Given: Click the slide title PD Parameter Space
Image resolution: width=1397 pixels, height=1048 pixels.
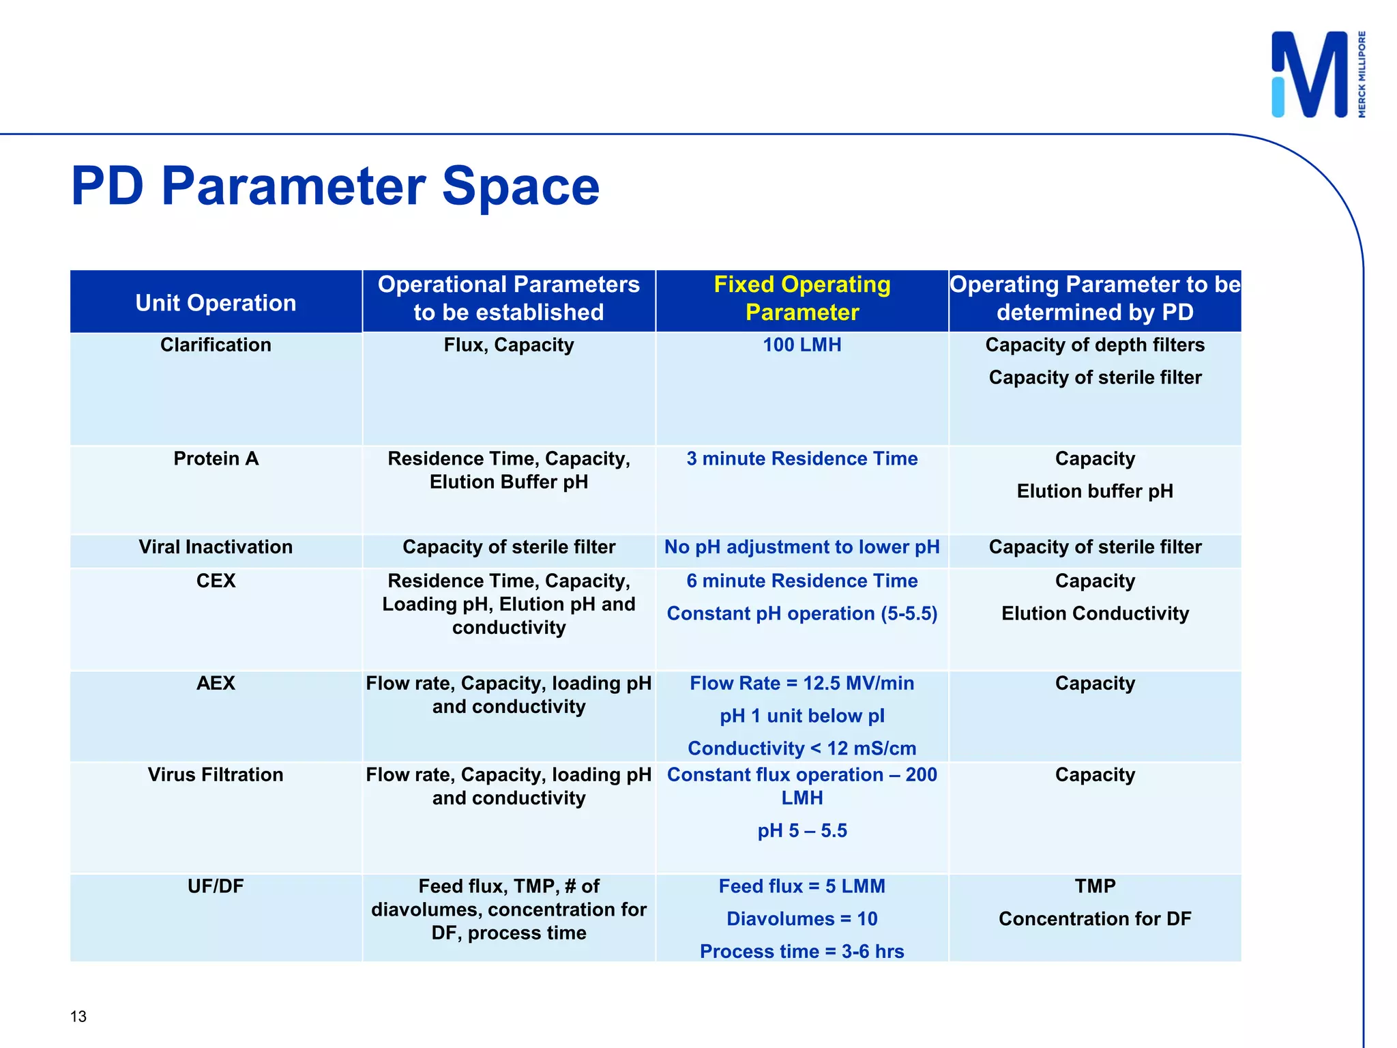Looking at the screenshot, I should [335, 186].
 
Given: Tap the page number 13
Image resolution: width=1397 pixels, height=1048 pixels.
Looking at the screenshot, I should [78, 1017].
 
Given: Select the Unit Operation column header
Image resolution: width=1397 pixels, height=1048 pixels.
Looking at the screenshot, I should [216, 302].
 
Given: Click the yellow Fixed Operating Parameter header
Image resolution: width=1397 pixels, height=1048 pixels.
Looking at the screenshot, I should [802, 298].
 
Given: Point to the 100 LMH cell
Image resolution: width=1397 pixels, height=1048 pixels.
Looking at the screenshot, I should [802, 345].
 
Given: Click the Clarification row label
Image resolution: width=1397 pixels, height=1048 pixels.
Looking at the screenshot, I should [216, 345].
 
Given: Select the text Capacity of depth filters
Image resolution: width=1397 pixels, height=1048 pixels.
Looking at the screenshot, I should [1094, 345].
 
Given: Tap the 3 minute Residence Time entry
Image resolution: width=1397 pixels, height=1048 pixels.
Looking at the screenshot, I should [802, 458].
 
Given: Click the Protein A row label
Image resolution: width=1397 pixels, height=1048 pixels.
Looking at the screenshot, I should [216, 458].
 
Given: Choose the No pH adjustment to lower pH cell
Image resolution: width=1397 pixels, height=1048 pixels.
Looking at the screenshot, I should [802, 547].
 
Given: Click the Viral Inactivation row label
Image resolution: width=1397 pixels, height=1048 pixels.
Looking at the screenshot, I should [216, 547].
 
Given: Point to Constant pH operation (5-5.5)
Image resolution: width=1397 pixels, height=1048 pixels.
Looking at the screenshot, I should [802, 613].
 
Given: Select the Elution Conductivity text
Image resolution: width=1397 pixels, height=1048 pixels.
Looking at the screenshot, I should [1094, 613].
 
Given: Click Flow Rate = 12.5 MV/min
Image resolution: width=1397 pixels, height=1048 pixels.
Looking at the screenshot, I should [802, 683].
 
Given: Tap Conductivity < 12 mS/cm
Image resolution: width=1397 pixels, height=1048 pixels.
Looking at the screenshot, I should [802, 748].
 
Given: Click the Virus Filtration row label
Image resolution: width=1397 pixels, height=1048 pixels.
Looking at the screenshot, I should [216, 774].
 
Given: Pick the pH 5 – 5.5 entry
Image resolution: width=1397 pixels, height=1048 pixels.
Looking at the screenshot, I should [802, 830].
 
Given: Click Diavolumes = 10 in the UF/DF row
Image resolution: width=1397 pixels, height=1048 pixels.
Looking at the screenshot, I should [802, 918].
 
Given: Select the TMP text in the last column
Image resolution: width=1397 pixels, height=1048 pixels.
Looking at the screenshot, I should [1094, 886].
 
